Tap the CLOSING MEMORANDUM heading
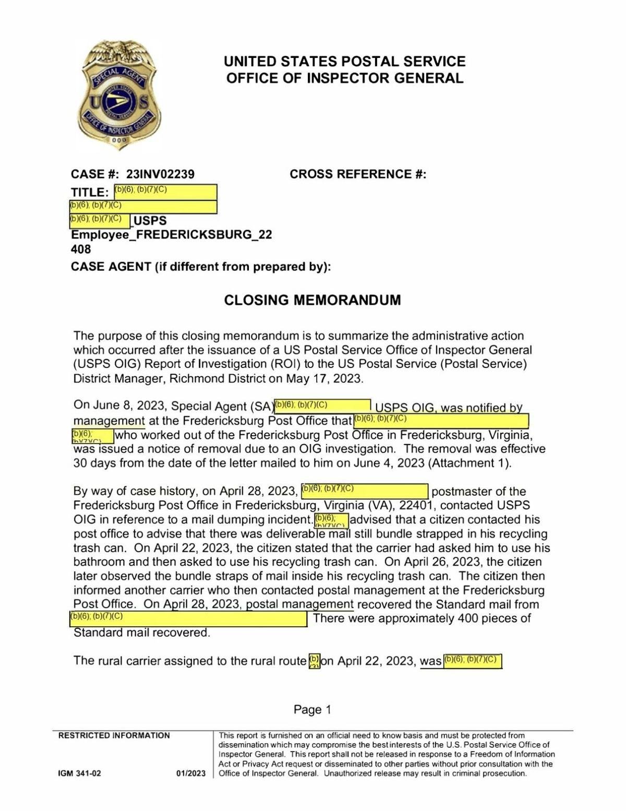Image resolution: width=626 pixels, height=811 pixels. click(x=312, y=300)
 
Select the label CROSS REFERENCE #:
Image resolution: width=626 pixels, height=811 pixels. click(x=358, y=174)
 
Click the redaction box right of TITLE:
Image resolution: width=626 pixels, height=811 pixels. click(x=165, y=192)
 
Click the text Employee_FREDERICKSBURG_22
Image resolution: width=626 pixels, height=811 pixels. click(x=172, y=234)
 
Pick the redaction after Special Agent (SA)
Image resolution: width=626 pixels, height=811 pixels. click(x=322, y=405)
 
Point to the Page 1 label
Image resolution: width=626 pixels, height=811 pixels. click(x=312, y=709)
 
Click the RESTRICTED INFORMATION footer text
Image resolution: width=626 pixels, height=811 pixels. click(x=114, y=736)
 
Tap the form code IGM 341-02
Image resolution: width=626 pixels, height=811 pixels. click(x=79, y=773)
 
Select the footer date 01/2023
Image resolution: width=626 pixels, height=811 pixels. click(x=190, y=773)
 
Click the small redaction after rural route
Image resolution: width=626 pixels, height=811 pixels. click(x=314, y=661)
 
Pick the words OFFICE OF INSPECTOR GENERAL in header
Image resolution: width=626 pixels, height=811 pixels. click(x=344, y=78)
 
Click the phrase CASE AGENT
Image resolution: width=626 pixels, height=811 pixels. click(x=111, y=267)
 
